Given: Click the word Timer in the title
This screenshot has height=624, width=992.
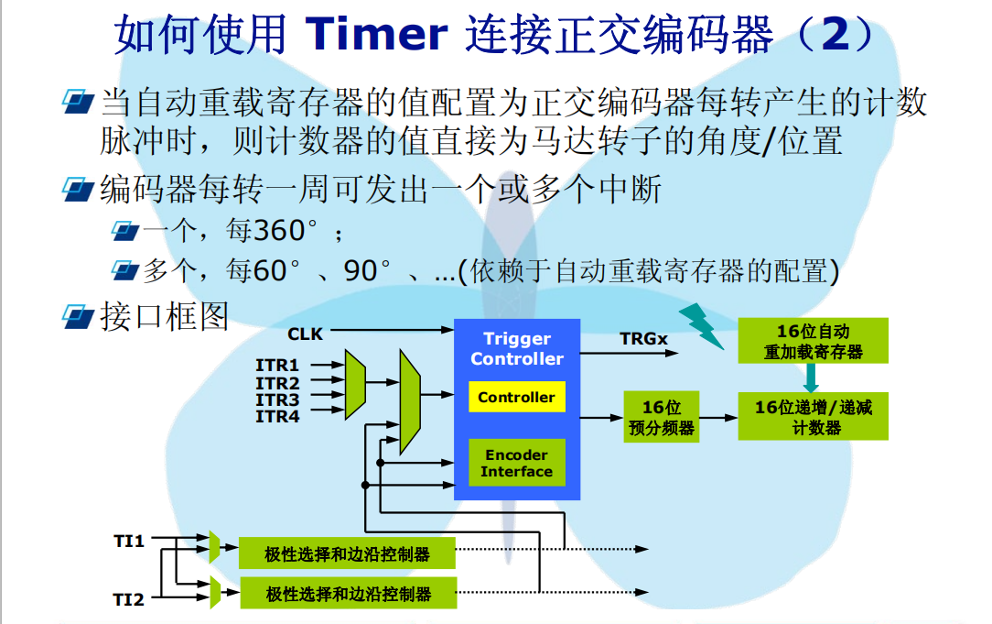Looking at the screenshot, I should tap(377, 34).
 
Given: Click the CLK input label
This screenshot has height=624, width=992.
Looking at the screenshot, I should tap(305, 334).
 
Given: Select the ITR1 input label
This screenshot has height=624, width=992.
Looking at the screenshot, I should tap(277, 366).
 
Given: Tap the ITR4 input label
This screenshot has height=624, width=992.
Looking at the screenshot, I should tap(277, 417).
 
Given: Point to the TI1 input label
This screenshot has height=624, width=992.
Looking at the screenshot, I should tap(129, 541).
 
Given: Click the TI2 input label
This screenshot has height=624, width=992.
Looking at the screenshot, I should tap(129, 599).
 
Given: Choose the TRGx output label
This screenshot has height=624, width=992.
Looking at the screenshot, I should tap(643, 339).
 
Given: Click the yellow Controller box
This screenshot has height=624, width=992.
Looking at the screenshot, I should tap(516, 397).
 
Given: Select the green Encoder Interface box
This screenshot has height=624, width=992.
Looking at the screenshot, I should tap(516, 463).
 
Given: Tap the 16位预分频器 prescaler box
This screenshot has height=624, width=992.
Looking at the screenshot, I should tap(661, 418).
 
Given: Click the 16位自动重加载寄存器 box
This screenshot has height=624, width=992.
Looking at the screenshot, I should tap(813, 341).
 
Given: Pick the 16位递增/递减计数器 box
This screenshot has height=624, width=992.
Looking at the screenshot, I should tap(813, 416).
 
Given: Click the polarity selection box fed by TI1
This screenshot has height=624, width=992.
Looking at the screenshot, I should tap(348, 553).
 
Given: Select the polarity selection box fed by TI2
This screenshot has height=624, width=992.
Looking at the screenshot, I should tap(348, 593).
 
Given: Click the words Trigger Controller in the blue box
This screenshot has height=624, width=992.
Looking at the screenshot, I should tap(517, 349).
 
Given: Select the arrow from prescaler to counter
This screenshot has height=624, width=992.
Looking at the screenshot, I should tap(718, 418).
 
